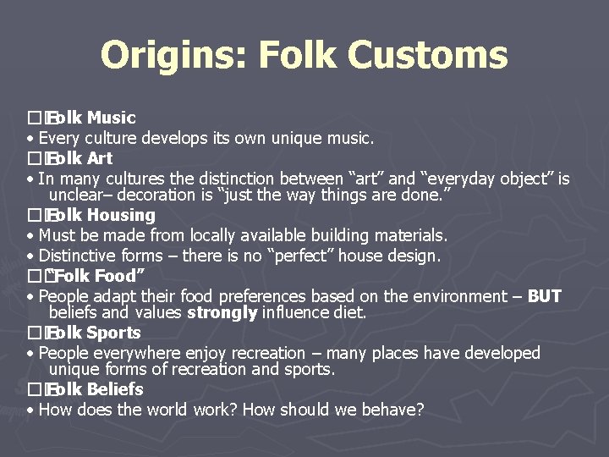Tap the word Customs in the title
pos(430,56)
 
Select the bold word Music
pos(111,118)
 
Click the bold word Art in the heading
pos(99,158)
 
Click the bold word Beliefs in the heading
pos(115,389)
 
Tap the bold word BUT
pos(544,296)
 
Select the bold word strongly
pos(222,312)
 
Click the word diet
pos(350,312)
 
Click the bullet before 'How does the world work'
pos(30,410)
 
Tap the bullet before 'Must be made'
pos(30,236)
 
